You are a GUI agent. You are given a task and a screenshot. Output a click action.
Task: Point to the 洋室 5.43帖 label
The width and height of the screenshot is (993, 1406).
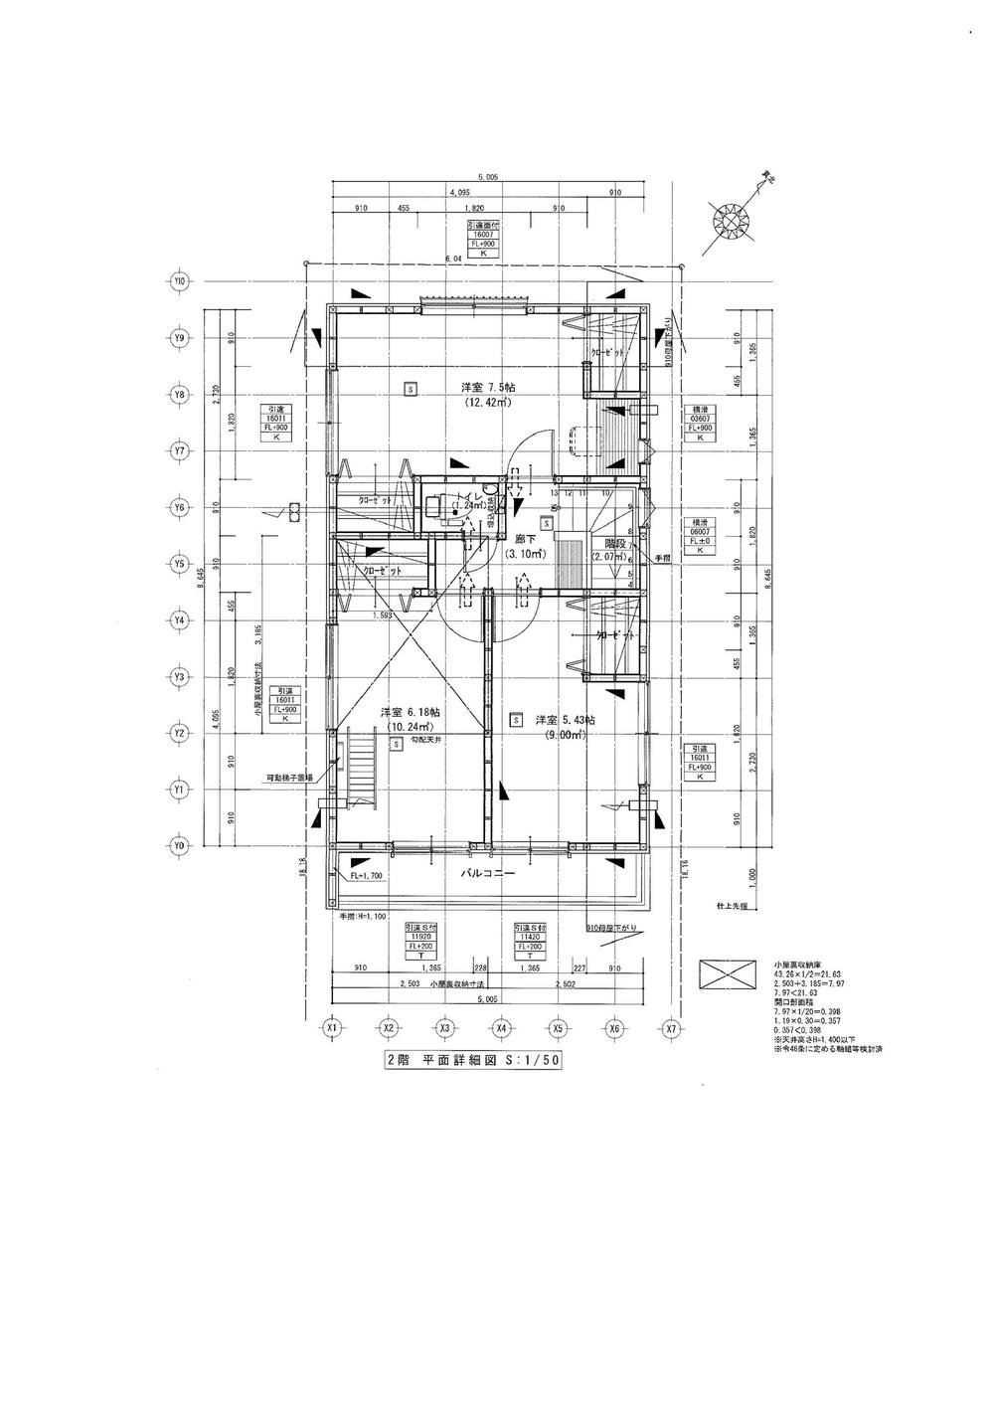565,720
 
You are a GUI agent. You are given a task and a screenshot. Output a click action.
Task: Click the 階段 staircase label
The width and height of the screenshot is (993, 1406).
606,543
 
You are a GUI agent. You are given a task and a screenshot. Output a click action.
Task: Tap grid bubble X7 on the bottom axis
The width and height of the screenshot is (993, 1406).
671,1027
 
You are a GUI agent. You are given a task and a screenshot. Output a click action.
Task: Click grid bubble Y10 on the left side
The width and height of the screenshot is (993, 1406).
180,281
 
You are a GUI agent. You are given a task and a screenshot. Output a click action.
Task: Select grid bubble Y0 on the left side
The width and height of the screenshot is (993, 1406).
180,846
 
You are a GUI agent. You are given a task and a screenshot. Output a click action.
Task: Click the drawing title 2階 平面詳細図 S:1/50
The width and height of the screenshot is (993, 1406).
473,1060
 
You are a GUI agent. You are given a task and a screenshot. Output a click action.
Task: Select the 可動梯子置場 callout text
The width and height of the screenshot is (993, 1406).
288,778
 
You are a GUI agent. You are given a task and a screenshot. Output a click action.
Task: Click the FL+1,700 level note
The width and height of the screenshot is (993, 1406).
366,877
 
